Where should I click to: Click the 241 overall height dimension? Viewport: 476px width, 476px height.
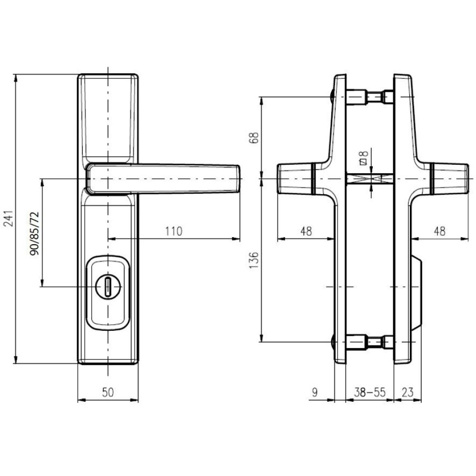coord(10,218)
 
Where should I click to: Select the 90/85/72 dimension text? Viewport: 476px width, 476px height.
coord(34,233)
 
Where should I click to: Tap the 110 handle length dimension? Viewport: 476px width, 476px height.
coord(174,231)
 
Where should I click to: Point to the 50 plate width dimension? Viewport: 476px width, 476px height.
coord(108,393)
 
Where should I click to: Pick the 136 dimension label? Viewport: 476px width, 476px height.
coord(254,259)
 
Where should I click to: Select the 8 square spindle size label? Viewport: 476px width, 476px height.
coord(364,158)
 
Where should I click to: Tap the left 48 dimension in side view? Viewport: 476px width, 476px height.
coord(306,231)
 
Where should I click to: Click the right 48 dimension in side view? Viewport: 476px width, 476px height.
coord(439,231)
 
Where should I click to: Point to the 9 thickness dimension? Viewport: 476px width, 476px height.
coord(315,393)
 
